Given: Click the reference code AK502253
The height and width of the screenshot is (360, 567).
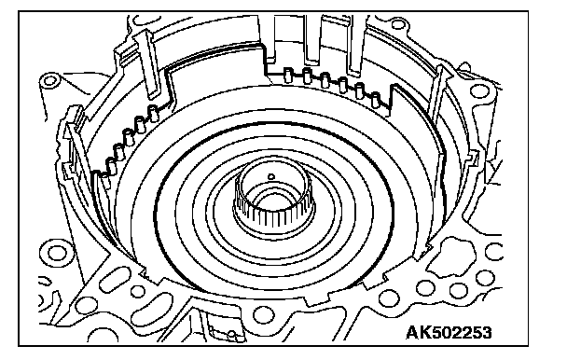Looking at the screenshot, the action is coord(449,332).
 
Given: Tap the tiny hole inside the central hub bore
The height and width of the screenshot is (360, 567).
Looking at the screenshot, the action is coord(270,177).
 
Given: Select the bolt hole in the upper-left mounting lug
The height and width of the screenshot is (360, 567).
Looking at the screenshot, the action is coord(49,80).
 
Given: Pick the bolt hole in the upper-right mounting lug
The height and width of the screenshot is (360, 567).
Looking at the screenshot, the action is coord(480,90).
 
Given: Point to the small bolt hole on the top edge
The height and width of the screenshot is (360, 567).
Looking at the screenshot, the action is coord(397,25).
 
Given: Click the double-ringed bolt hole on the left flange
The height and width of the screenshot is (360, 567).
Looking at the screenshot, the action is coord(57,252).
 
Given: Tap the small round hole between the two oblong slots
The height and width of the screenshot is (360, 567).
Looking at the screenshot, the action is coord(138,291).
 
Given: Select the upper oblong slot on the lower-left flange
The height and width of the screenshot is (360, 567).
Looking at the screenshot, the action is coord(115,279).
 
